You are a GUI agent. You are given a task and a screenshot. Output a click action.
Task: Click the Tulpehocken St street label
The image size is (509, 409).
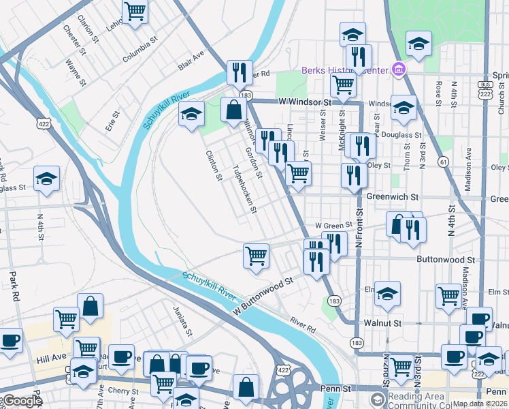pyautogui.click(x=244, y=189)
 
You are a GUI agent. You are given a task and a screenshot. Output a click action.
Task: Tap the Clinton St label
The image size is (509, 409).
pyautogui.click(x=214, y=166)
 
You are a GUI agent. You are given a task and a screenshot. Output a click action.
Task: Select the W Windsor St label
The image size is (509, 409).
pyautogui.click(x=304, y=102)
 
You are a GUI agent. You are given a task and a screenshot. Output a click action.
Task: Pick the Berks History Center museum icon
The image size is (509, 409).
pyautogui.click(x=399, y=70)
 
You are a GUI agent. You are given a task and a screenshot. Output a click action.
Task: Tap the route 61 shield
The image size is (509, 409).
pyautogui.click(x=444, y=162)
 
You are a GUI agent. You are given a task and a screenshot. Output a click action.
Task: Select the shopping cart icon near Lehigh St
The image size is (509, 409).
pyautogui.click(x=135, y=12)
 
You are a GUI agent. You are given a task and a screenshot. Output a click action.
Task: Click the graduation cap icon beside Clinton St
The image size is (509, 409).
pyautogui.click(x=192, y=113)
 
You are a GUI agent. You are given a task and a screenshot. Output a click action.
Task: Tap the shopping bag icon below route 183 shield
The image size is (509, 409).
pyautogui.click(x=233, y=110)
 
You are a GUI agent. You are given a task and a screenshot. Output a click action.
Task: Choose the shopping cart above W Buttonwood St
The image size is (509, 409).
pyautogui.click(x=256, y=256)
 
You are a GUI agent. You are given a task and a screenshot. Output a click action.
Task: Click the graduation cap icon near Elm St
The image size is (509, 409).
pyautogui.click(x=387, y=294)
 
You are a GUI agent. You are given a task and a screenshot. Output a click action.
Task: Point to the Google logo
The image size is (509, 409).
pyautogui.click(x=22, y=401)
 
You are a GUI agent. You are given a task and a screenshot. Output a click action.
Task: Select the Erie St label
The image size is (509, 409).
pyautogui.click(x=110, y=122)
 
